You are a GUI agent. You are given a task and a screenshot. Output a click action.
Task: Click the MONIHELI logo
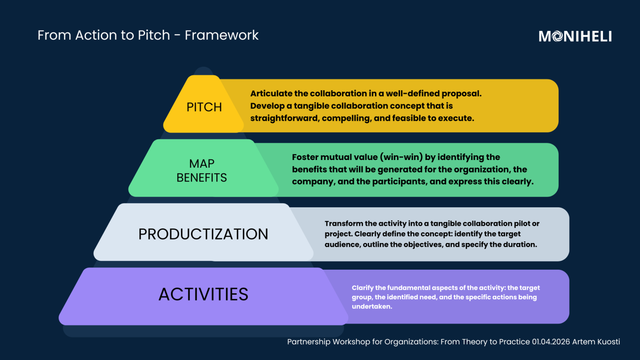coord(575,36)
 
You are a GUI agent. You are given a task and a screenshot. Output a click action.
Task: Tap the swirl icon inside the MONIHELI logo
coord(557,36)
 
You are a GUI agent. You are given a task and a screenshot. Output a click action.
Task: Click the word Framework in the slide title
coord(222,35)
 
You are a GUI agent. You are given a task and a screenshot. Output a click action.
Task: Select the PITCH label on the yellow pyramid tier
coord(204,107)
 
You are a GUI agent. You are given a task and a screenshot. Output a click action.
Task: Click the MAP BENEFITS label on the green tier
coord(202,171)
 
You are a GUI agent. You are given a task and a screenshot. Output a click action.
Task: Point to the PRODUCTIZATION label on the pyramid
coord(203,234)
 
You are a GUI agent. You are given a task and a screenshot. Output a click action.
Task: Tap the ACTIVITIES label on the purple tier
coord(203,294)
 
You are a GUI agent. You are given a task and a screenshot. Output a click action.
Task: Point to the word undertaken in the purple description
coord(372,307)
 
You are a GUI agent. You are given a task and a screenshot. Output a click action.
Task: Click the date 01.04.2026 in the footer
coord(551,342)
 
